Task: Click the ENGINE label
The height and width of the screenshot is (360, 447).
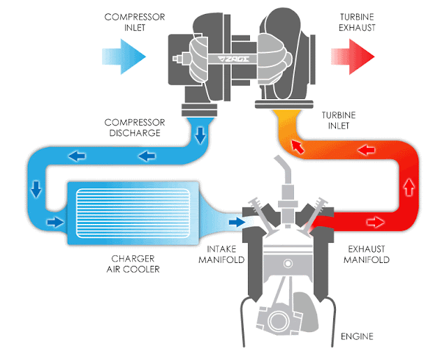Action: pos(357,336)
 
